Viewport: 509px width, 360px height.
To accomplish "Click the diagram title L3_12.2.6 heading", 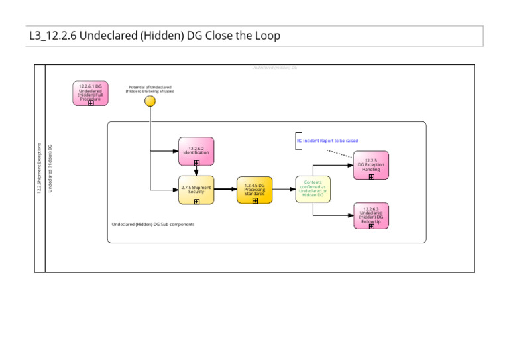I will (x=154, y=36).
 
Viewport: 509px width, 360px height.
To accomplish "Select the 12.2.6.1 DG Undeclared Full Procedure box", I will (x=90, y=93).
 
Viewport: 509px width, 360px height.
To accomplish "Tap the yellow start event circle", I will (x=150, y=101).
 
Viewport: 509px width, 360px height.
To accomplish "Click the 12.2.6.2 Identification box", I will (x=196, y=150).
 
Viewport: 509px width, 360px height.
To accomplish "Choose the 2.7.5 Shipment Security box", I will (x=196, y=190).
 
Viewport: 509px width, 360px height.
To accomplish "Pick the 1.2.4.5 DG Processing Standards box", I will (x=254, y=190).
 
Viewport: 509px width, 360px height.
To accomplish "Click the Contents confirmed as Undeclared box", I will (x=313, y=189).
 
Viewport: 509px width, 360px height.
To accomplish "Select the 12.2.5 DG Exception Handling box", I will (x=371, y=165).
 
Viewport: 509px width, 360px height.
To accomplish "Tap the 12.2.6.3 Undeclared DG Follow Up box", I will (x=371, y=215).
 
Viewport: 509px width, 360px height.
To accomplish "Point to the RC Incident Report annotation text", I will (x=327, y=141).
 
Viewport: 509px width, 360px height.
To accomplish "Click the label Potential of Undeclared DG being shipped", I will (x=150, y=89).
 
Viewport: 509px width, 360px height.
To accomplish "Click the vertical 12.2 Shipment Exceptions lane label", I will (x=40, y=168).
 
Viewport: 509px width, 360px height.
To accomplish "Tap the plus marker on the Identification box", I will (x=197, y=162).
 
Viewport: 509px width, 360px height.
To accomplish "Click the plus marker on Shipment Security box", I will (x=197, y=201).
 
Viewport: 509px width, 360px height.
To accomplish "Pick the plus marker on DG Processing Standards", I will (x=255, y=201).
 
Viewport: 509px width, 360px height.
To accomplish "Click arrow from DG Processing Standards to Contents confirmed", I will (x=284, y=190).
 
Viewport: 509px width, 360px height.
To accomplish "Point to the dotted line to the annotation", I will (x=339, y=153).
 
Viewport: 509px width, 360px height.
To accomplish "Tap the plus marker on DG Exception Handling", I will (x=371, y=176).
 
